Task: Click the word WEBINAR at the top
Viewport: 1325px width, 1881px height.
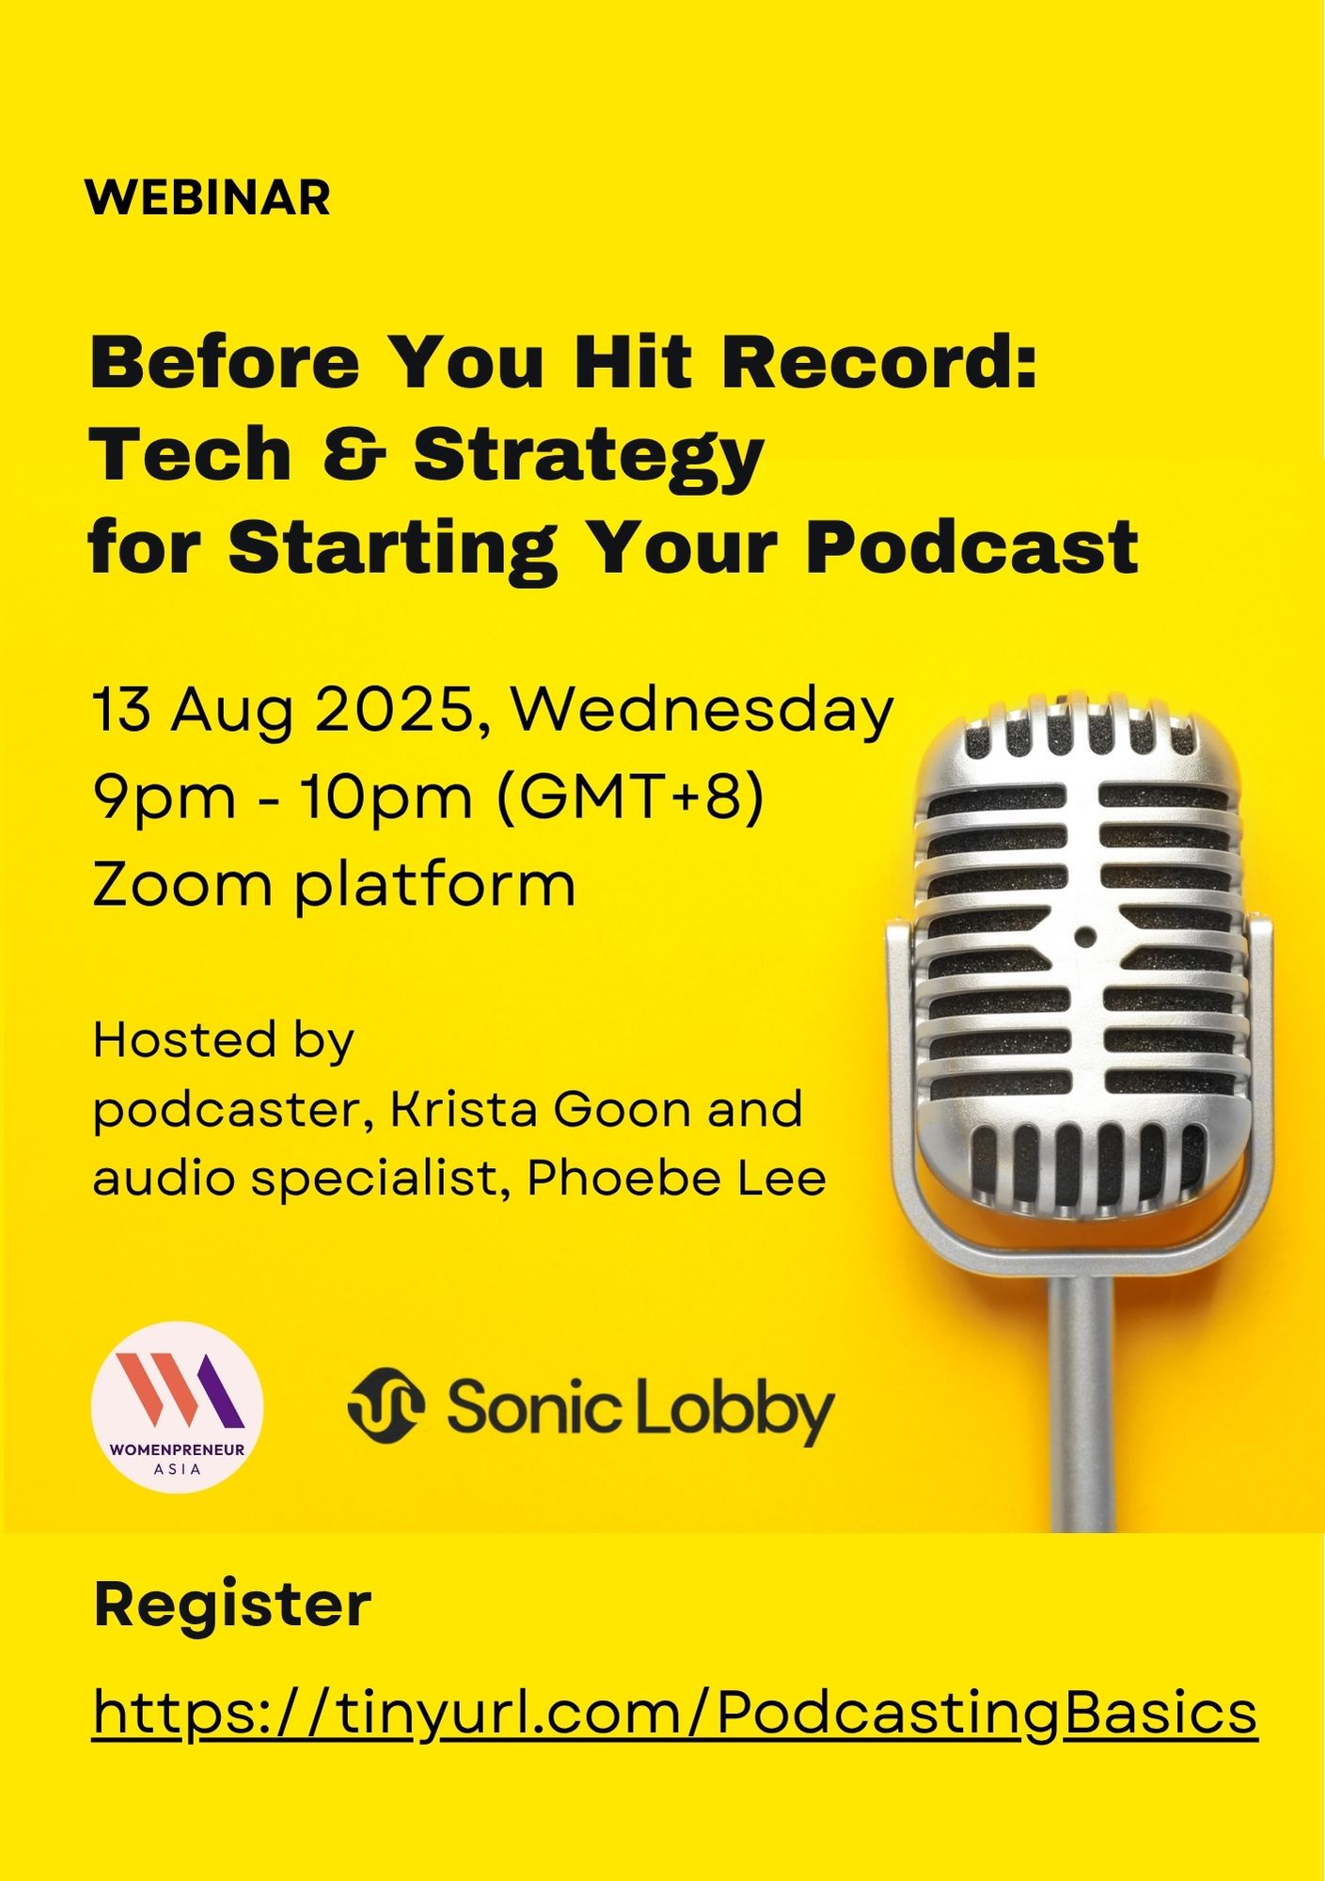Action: pos(208,198)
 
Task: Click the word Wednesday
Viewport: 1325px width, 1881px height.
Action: pos(702,710)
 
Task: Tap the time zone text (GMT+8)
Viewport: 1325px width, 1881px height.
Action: pos(629,798)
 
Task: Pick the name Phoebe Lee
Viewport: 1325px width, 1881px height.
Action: pos(676,1178)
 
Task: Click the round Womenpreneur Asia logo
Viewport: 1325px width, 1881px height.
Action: pos(178,1407)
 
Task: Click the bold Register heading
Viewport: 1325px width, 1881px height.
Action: pos(232,1604)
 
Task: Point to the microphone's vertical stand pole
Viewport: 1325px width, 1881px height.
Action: pos(1081,1401)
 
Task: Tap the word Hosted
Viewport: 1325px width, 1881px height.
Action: pos(184,1039)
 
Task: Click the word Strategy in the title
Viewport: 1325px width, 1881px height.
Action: pos(588,456)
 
